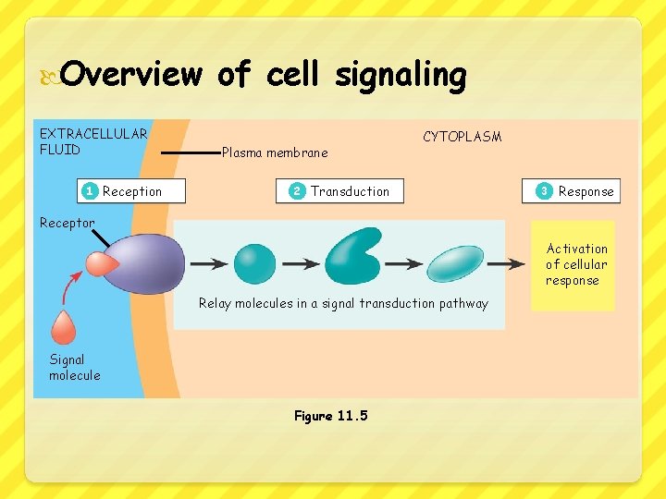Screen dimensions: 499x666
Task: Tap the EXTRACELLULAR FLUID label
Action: click(x=92, y=141)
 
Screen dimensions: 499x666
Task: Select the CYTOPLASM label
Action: click(x=462, y=137)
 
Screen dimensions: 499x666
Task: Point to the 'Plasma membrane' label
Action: click(x=275, y=152)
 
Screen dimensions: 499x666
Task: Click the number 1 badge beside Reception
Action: click(x=89, y=191)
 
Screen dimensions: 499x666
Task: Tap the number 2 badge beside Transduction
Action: click(x=296, y=191)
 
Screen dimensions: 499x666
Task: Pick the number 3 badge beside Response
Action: click(x=544, y=191)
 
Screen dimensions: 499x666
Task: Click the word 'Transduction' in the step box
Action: click(x=350, y=191)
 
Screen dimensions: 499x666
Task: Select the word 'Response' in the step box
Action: click(x=586, y=191)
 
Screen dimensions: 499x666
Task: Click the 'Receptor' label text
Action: click(x=67, y=223)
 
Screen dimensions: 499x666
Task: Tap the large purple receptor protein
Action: click(x=148, y=262)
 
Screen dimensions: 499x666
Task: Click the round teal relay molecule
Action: click(x=254, y=263)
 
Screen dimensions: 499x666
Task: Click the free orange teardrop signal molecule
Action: click(x=64, y=327)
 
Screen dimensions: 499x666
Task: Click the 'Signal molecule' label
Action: click(x=74, y=367)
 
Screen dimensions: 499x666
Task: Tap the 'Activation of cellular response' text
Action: click(x=576, y=264)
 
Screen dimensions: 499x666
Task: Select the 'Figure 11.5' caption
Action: click(x=330, y=416)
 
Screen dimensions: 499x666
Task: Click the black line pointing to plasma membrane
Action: click(x=190, y=152)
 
